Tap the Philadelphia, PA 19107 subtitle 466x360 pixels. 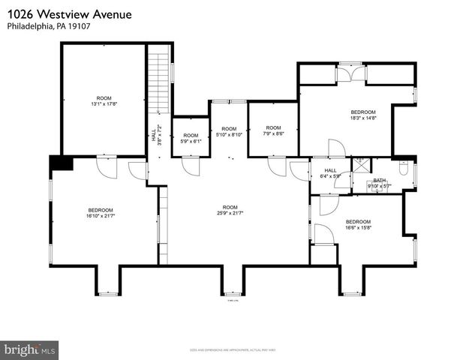(x=44, y=26)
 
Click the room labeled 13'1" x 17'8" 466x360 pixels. (x=104, y=101)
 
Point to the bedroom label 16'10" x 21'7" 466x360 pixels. (x=101, y=213)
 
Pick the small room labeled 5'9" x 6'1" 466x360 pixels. (x=191, y=138)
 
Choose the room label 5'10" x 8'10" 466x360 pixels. (x=229, y=131)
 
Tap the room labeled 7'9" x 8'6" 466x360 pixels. (x=273, y=130)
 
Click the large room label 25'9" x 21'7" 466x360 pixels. (x=229, y=210)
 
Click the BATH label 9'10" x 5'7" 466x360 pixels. (x=380, y=183)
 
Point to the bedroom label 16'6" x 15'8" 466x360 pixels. (x=358, y=225)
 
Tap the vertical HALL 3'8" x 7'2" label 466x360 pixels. (x=155, y=135)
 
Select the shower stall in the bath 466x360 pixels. (x=361, y=165)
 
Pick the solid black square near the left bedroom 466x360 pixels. (x=59, y=164)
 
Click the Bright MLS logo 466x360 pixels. (x=30, y=349)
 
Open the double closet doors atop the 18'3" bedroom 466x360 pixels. (x=350, y=73)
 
